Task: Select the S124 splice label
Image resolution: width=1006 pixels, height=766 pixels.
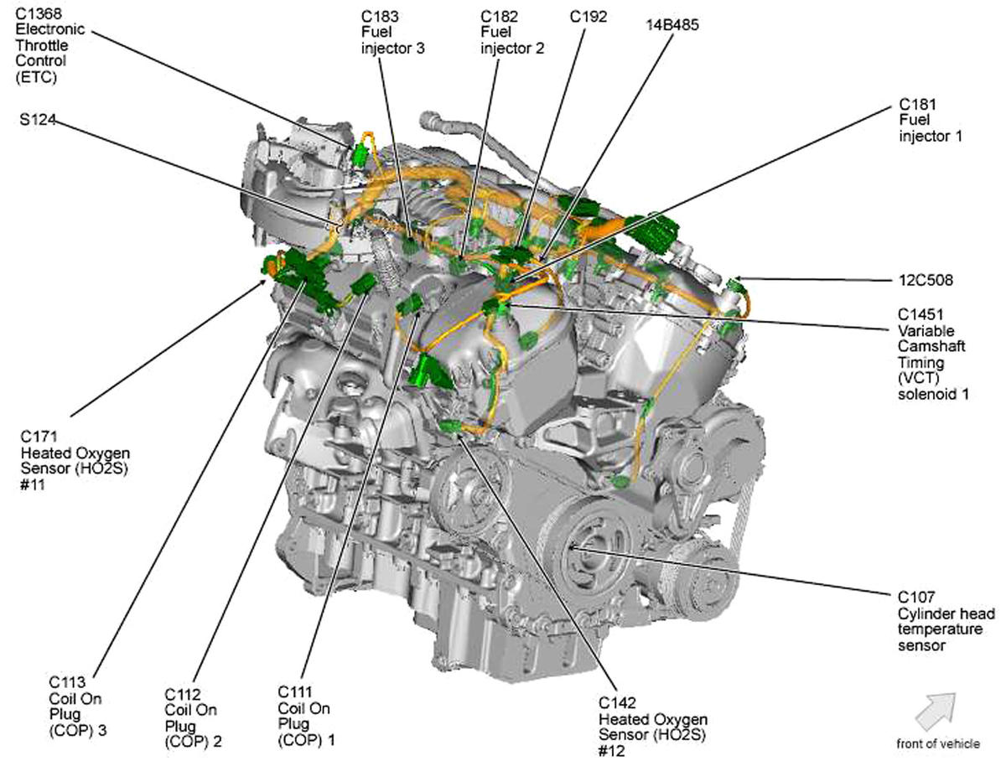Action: pyautogui.click(x=38, y=120)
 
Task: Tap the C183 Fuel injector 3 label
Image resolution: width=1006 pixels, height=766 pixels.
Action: pyautogui.click(x=392, y=32)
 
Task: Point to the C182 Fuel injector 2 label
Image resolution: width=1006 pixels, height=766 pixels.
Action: pyautogui.click(x=512, y=32)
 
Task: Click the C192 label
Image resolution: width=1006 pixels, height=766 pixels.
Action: pyautogui.click(x=589, y=17)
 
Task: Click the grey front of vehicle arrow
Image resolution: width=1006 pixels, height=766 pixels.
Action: pyautogui.click(x=935, y=713)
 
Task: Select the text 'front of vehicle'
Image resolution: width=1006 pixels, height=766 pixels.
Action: pyautogui.click(x=935, y=744)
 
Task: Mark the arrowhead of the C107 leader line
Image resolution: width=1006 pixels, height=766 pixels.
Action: pyautogui.click(x=570, y=546)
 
